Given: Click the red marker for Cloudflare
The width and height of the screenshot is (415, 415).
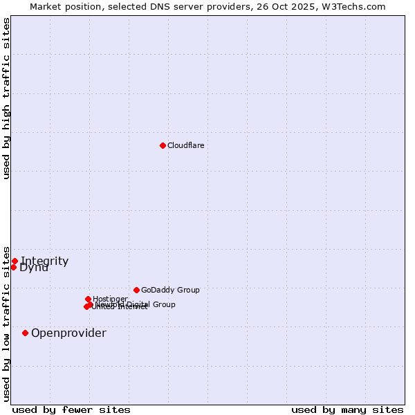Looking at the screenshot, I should (x=163, y=145).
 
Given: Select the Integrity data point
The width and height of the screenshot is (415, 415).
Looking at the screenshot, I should (x=15, y=261).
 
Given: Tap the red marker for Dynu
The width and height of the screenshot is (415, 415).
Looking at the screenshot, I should (x=13, y=268).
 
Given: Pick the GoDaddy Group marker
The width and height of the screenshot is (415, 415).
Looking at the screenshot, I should (x=136, y=290).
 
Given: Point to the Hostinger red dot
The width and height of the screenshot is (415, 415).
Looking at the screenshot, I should (x=88, y=299).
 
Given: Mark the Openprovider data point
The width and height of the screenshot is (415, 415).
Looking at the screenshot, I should (x=26, y=333).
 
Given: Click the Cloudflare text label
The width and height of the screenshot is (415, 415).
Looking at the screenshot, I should (x=185, y=145).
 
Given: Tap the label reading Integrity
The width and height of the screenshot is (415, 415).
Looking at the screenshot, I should (x=45, y=261).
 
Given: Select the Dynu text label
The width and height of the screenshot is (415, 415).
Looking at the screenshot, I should (x=34, y=268).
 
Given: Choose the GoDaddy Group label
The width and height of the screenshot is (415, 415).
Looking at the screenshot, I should (x=170, y=290).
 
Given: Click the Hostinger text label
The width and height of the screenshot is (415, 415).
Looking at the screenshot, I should (x=110, y=299).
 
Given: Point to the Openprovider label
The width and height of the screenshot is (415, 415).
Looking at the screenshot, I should (x=68, y=333).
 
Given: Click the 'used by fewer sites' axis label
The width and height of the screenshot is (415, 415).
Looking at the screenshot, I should (x=71, y=409).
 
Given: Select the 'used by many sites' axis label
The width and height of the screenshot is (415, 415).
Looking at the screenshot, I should (x=347, y=409).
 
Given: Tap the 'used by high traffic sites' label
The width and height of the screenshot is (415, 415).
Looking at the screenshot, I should (x=6, y=98).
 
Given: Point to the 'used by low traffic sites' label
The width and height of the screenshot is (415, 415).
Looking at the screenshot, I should (x=6, y=324).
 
